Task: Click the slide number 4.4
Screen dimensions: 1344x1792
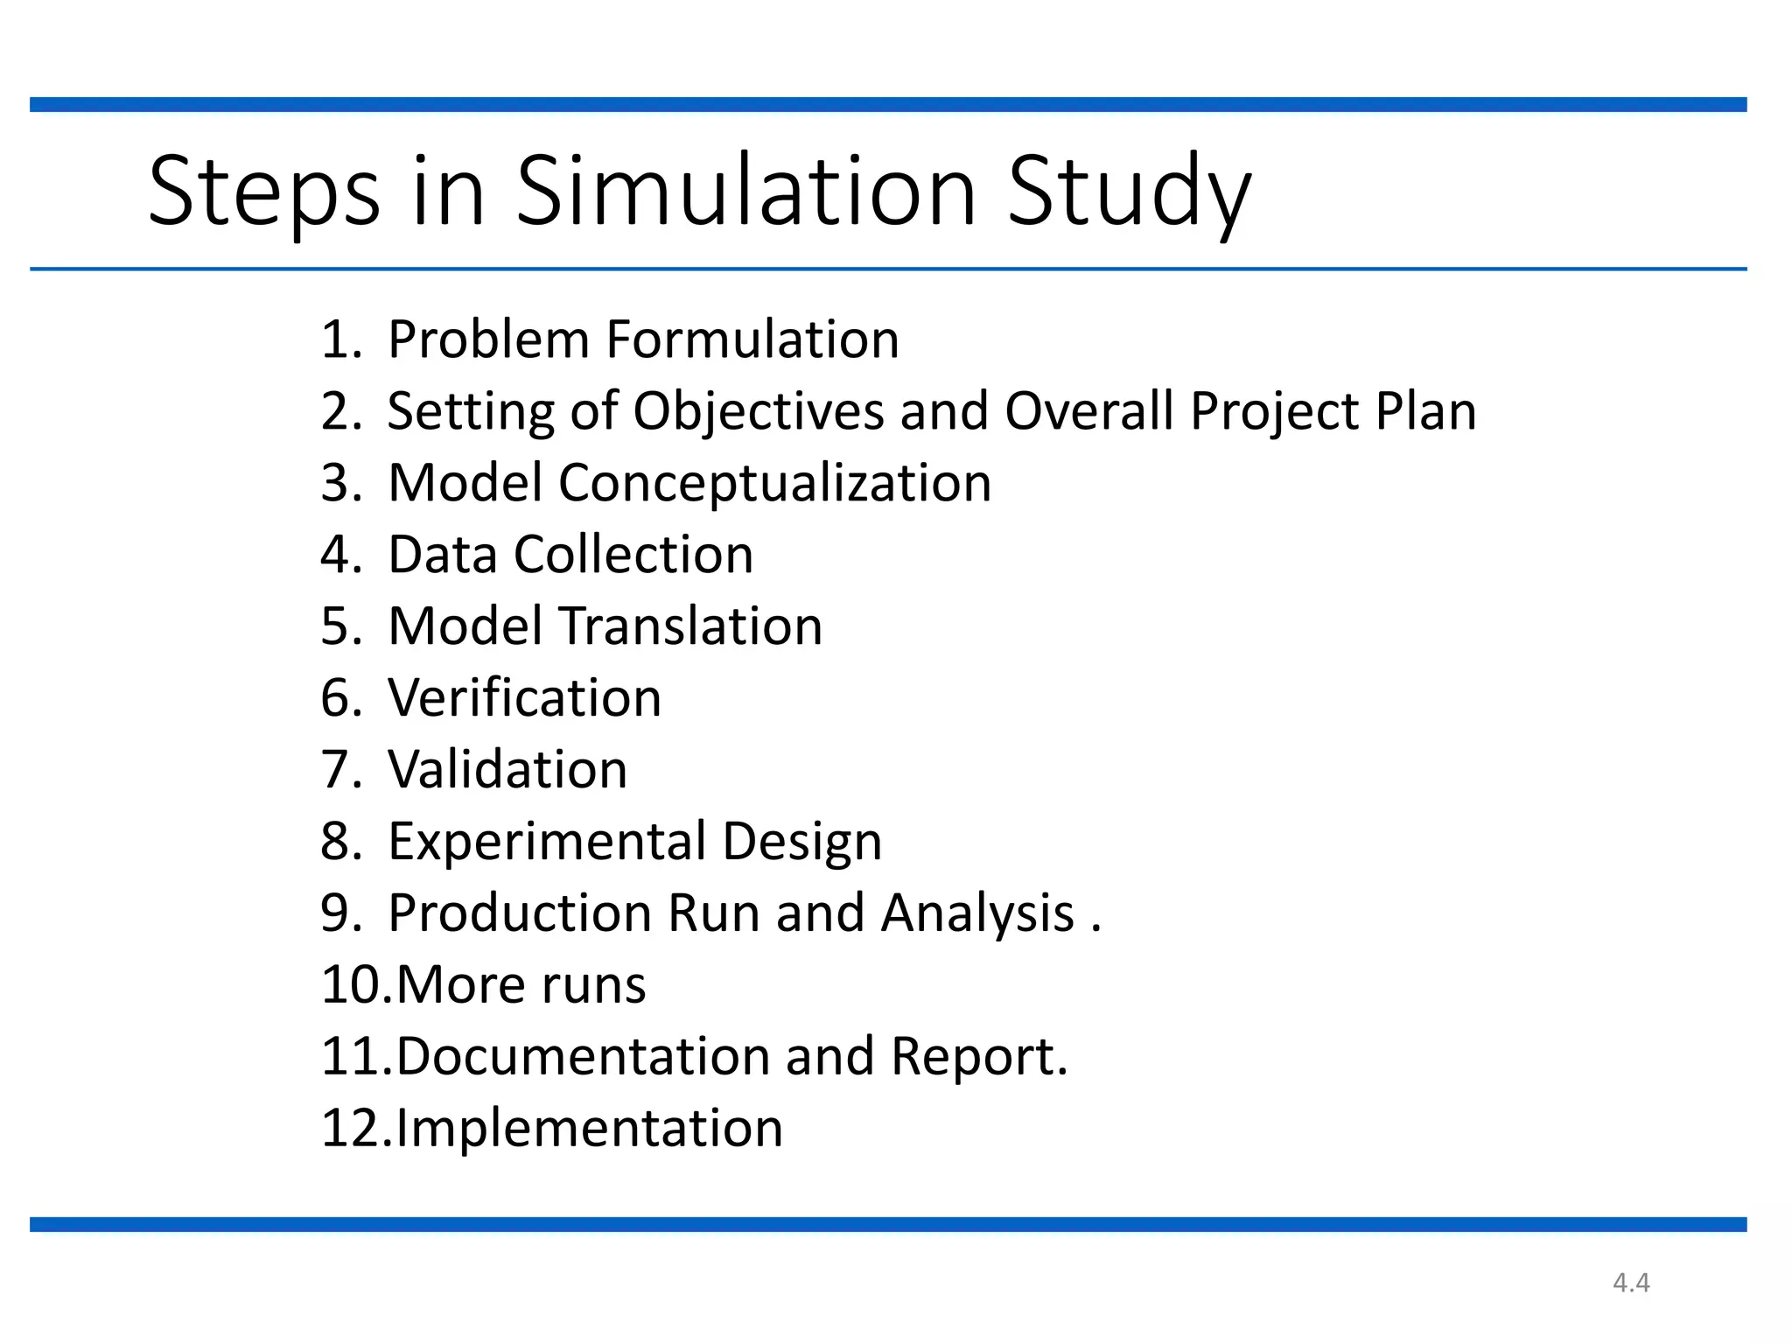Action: (1631, 1283)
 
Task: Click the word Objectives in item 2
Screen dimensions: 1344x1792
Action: (758, 411)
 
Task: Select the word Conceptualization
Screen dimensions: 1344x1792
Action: (774, 483)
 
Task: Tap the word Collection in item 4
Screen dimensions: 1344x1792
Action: (633, 555)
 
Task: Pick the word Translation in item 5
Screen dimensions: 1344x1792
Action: (690, 626)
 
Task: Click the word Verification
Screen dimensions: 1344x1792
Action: (525, 698)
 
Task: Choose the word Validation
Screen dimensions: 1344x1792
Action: (507, 770)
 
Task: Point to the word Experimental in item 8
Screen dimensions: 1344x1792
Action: (548, 842)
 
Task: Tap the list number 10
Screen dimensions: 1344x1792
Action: (353, 985)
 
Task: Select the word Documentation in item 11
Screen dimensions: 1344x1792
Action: (583, 1057)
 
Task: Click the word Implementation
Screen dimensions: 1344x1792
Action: (589, 1129)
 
